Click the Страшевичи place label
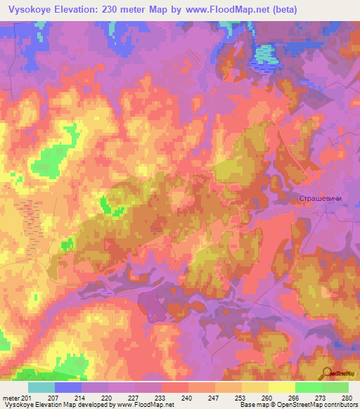pyautogui.click(x=321, y=200)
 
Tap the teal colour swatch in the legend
pyautogui.click(x=41, y=387)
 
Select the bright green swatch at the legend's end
pyautogui.click(x=335, y=387)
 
